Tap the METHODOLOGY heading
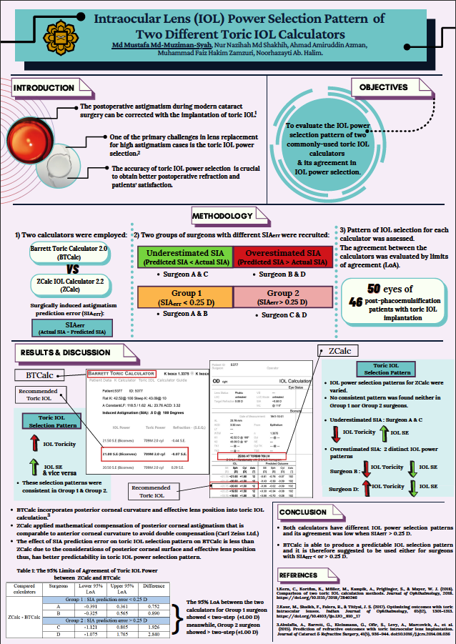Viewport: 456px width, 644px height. tap(222, 217)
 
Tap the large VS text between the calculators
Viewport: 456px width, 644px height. tap(67, 270)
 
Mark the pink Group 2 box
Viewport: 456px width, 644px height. tap(283, 297)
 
